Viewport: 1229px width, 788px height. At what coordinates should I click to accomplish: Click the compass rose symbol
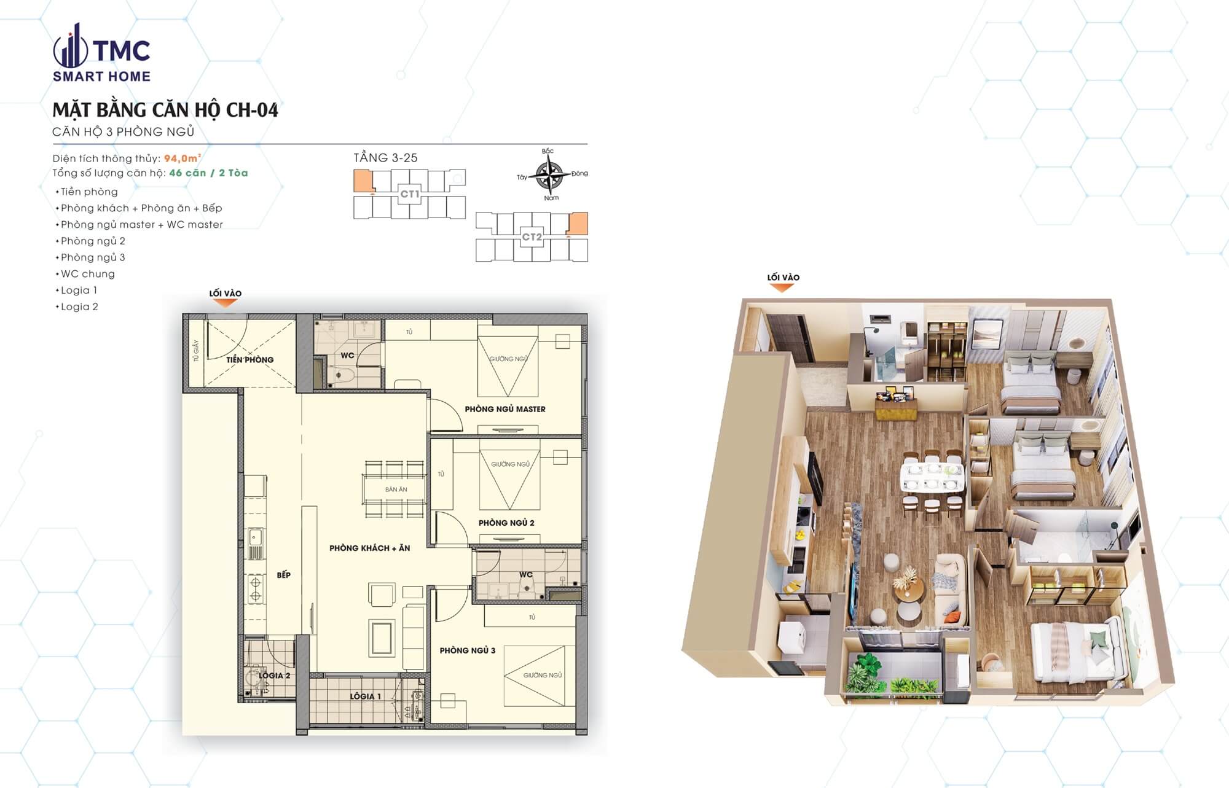pyautogui.click(x=549, y=175)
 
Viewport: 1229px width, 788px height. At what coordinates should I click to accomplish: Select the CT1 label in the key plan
pyautogui.click(x=409, y=194)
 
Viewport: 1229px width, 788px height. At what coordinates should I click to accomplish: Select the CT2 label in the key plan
pyautogui.click(x=532, y=236)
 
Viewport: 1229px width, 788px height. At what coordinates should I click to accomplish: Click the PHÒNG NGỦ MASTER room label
pyautogui.click(x=505, y=409)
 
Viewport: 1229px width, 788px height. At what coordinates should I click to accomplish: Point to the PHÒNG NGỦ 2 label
pyautogui.click(x=506, y=523)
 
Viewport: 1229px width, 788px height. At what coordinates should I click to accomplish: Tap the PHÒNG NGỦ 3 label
pyautogui.click(x=467, y=650)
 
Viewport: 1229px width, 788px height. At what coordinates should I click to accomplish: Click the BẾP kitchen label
pyautogui.click(x=283, y=575)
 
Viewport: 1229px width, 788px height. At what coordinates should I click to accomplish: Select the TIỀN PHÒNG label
pyautogui.click(x=249, y=360)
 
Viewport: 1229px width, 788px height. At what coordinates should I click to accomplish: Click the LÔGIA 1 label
pyautogui.click(x=365, y=696)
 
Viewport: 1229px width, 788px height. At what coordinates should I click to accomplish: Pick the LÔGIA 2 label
pyautogui.click(x=274, y=676)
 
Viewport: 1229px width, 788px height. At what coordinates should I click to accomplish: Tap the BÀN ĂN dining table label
pyautogui.click(x=396, y=490)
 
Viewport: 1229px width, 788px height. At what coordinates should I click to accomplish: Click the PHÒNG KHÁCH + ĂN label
pyautogui.click(x=369, y=548)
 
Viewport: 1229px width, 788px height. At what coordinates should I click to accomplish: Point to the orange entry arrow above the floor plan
pyautogui.click(x=226, y=303)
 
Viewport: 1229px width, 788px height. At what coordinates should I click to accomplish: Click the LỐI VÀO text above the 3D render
pyautogui.click(x=783, y=278)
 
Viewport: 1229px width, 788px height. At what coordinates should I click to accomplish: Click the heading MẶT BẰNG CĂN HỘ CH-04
pyautogui.click(x=165, y=110)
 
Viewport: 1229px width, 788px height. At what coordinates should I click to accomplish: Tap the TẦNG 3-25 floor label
pyautogui.click(x=385, y=158)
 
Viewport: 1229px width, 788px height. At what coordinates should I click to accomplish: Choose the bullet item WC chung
pyautogui.click(x=87, y=274)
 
